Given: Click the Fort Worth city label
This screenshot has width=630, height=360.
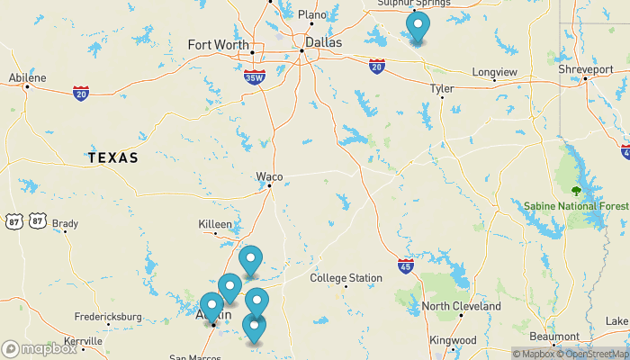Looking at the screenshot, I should point(218,44).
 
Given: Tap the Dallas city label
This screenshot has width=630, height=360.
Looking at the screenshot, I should point(323,41).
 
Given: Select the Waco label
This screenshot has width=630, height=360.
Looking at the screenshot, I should point(269,175).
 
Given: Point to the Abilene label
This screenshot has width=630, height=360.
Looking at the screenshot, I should point(27,77).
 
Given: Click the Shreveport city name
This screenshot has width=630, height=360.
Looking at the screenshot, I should point(585,68).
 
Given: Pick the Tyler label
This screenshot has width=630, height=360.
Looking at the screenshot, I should point(442,88).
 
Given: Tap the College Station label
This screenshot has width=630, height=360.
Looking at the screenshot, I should point(346,278).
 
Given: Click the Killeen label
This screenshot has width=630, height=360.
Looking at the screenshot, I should point(215,224).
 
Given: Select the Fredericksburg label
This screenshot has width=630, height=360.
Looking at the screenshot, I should point(108,317).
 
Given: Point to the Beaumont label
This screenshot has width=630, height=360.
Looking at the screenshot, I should point(555,337).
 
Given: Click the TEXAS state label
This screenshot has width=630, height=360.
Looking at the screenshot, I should point(112,158).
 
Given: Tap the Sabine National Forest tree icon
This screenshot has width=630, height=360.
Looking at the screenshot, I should point(576,191).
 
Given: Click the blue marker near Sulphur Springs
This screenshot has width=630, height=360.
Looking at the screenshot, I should point(418,27).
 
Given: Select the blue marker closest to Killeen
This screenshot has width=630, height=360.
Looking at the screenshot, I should point(251,260).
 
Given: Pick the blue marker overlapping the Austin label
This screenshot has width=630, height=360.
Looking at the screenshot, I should point(211,308).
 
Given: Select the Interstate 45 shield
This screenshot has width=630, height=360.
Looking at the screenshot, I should point(406,265).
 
